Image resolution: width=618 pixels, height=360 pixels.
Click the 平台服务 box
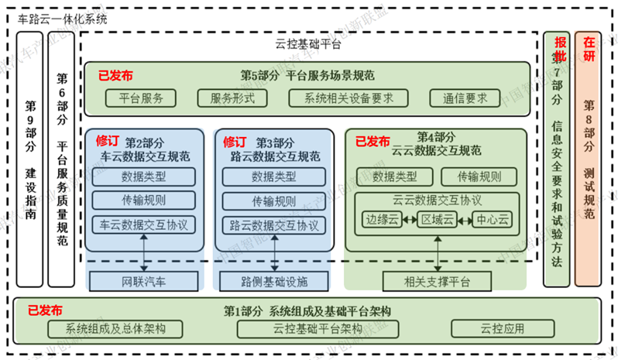140,98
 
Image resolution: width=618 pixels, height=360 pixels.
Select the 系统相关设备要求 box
345,98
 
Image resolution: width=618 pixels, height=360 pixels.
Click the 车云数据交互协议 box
143,225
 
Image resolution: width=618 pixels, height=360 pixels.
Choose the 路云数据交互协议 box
274,225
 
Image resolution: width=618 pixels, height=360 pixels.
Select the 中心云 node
492,220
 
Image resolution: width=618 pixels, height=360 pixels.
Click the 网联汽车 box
143,279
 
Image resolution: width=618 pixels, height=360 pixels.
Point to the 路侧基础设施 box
274,279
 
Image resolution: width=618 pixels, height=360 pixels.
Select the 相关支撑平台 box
437,279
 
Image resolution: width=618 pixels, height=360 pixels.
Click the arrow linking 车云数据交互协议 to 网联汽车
143,253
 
